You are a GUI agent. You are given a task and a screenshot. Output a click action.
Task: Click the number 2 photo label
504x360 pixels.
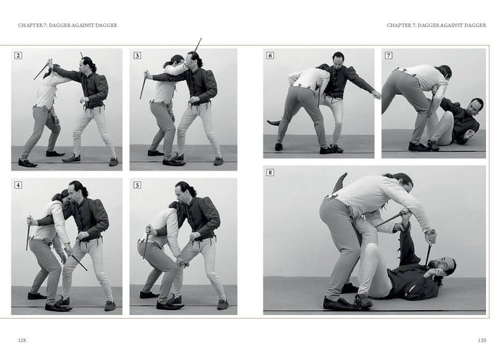click(18, 55)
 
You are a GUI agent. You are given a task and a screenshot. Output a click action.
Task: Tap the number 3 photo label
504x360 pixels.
click(137, 55)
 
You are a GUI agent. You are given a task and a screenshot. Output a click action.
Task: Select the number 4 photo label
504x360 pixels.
click(18, 185)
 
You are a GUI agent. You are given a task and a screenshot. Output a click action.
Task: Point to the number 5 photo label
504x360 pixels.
click(137, 185)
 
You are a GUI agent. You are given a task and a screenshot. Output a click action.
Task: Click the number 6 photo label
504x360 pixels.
click(270, 55)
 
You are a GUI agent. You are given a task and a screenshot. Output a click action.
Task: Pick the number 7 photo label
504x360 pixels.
click(389, 55)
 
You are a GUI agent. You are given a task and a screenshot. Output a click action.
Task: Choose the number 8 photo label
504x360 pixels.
click(270, 173)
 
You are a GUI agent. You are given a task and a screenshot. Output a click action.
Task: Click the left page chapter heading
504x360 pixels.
click(67, 25)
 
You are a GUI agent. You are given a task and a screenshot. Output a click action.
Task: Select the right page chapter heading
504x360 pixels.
click(436, 25)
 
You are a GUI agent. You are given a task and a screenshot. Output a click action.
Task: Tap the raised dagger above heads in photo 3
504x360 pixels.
click(197, 44)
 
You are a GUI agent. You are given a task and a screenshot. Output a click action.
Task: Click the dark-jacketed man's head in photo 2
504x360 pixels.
click(87, 64)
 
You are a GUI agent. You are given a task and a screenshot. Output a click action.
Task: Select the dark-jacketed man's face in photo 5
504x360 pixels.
click(181, 192)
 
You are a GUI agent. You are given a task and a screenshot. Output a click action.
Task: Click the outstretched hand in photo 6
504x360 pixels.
click(376, 94)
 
